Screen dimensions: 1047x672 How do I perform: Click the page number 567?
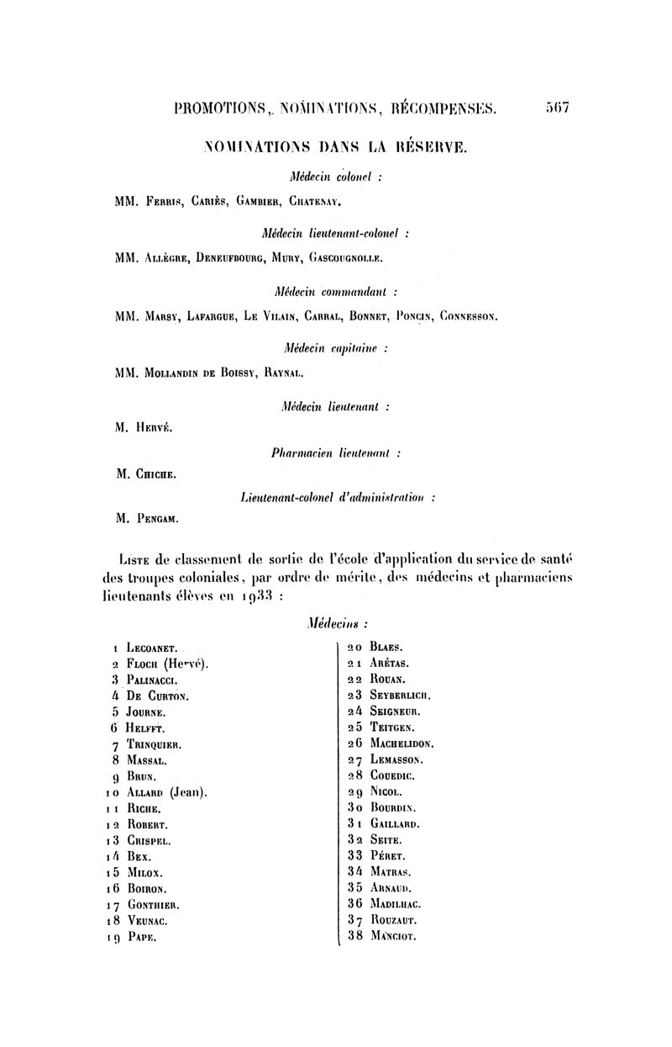click(557, 108)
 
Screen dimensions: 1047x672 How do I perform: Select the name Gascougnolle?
click(346, 259)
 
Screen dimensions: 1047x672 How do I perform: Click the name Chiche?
click(155, 473)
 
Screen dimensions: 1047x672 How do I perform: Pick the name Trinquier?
click(155, 745)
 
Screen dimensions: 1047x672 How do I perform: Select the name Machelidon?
click(402, 744)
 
